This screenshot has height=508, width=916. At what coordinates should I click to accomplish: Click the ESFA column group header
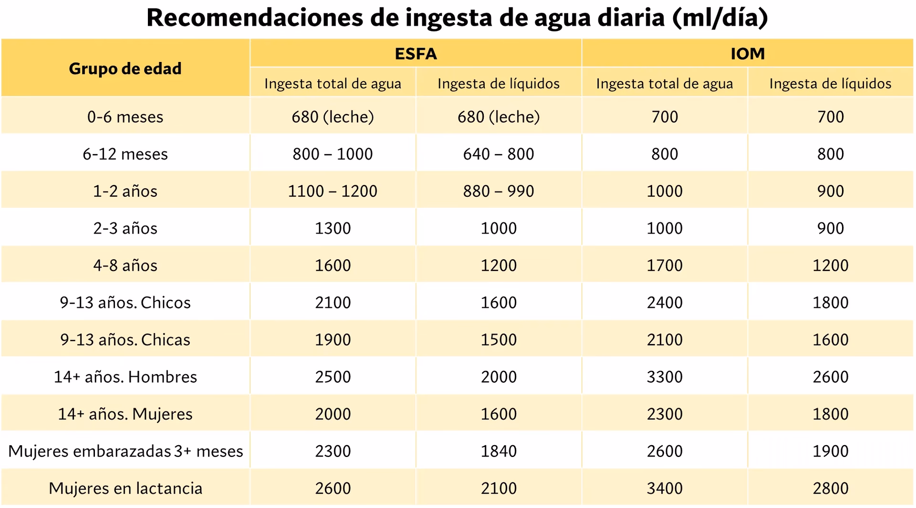[416, 53]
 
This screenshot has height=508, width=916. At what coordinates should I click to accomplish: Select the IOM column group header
[747, 53]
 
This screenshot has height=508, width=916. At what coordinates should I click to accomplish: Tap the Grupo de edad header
[125, 69]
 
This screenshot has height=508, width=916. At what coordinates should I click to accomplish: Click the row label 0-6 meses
[125, 117]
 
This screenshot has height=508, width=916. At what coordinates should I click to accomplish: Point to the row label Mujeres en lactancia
[125, 488]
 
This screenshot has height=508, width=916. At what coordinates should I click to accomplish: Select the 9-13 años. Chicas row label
[125, 340]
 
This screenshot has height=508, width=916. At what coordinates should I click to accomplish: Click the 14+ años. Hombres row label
[125, 377]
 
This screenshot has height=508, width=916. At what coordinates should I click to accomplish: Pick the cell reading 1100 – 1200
[333, 191]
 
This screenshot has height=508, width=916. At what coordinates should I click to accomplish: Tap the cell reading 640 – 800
[499, 154]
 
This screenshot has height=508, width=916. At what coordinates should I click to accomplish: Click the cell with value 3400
[665, 488]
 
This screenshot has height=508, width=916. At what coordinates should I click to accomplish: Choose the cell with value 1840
[499, 451]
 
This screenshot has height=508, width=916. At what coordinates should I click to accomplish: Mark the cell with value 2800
[830, 488]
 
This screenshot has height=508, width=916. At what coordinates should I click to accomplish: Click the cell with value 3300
[665, 377]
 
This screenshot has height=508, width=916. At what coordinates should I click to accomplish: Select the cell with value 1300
[333, 228]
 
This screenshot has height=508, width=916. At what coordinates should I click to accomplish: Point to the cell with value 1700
[665, 265]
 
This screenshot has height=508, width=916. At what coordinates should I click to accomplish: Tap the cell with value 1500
[499, 340]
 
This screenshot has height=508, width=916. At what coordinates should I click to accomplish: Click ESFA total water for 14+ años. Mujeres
[333, 414]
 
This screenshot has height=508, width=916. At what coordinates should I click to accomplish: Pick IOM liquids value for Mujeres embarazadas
[830, 451]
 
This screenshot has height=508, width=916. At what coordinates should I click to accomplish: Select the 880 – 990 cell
[499, 191]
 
